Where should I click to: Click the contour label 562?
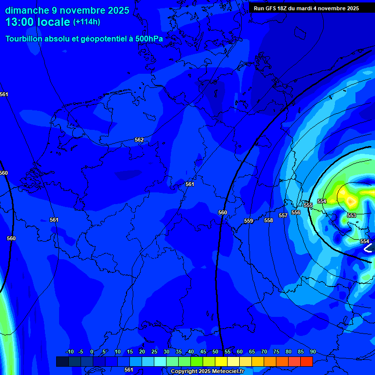click(x=139, y=140)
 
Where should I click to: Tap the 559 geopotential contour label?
click(x=249, y=221)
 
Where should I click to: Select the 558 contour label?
click(x=269, y=220)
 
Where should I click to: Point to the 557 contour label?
click(x=283, y=215)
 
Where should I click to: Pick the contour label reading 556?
click(x=296, y=212)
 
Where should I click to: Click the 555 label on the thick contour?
click(x=308, y=205)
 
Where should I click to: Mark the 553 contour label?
click(x=352, y=215)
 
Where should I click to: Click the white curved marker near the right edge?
click(x=369, y=248)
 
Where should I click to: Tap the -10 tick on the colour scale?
click(x=69, y=352)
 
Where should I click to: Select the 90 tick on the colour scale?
click(x=312, y=352)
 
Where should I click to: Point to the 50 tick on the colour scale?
click(x=215, y=352)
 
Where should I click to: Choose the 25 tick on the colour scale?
click(x=154, y=352)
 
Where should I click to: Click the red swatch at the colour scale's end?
click(x=306, y=361)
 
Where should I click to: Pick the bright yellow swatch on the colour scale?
click(x=221, y=361)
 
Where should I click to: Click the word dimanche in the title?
click(x=27, y=10)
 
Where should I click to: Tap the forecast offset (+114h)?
click(x=86, y=22)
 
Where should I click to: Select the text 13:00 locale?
click(x=38, y=22)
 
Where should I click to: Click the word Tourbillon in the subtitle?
click(x=27, y=39)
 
